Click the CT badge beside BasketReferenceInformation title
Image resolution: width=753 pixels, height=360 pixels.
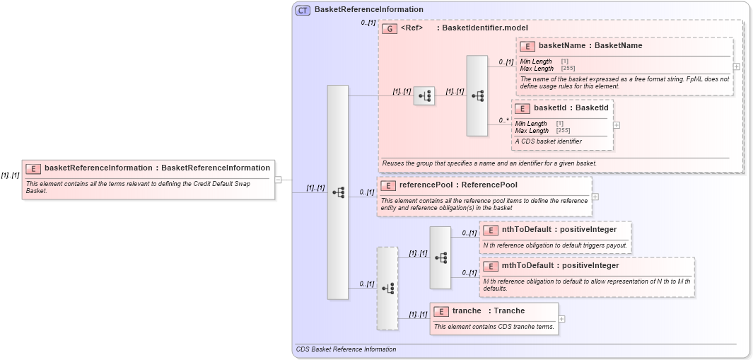(x=303, y=10)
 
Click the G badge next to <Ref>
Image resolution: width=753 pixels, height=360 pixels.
(x=390, y=28)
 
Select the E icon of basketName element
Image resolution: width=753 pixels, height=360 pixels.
(x=527, y=46)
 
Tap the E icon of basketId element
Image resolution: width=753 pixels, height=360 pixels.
(x=523, y=109)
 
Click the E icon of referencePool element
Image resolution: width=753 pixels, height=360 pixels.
(x=388, y=185)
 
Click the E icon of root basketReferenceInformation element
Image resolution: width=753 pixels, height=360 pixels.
(x=33, y=168)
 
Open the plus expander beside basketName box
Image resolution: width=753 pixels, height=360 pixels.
(x=737, y=66)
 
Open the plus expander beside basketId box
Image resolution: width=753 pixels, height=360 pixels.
(x=617, y=124)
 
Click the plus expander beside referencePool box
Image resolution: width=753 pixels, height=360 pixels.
(x=595, y=197)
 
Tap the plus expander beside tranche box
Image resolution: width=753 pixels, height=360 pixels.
(x=562, y=319)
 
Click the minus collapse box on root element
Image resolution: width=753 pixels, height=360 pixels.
(x=278, y=180)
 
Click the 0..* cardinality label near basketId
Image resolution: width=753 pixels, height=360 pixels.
(x=504, y=121)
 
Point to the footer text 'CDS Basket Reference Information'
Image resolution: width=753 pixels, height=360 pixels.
(x=346, y=349)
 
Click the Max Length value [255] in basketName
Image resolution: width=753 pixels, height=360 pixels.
(x=568, y=69)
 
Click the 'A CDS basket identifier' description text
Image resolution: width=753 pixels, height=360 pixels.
(x=549, y=141)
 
